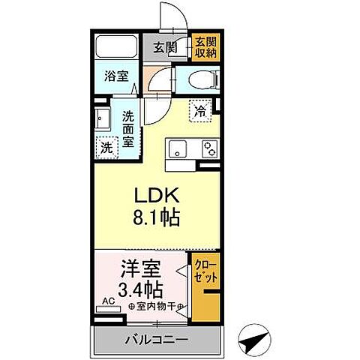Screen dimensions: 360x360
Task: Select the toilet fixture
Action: (x=200, y=79)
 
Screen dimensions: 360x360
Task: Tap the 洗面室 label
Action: (x=128, y=128)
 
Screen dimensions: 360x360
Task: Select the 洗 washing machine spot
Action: (x=106, y=147)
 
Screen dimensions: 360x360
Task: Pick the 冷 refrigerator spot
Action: (x=201, y=110)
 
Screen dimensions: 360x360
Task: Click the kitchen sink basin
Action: (x=178, y=147)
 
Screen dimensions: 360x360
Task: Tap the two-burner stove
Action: (x=207, y=148)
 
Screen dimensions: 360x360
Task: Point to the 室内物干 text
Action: (x=153, y=307)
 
